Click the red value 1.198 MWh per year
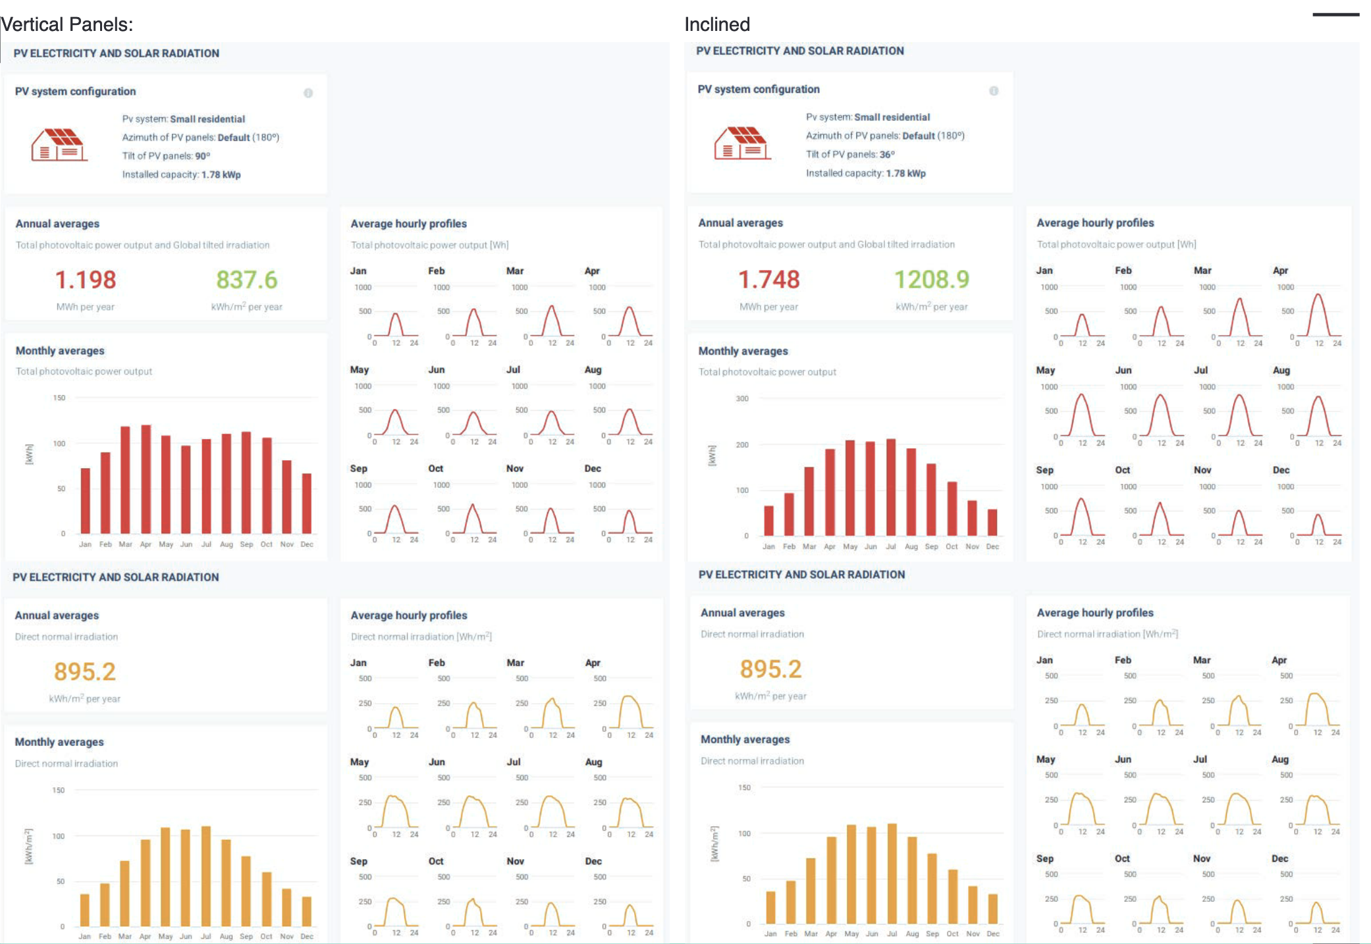pos(86,280)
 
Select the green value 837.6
pos(247,280)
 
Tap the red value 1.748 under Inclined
pos(768,279)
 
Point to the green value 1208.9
pos(932,279)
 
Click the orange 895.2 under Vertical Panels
pos(85,671)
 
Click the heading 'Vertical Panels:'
pos(67,24)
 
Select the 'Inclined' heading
pos(717,24)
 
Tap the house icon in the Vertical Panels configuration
pos(58,145)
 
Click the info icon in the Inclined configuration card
pos(994,91)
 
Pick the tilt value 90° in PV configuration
pos(202,156)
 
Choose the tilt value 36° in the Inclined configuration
pos(887,155)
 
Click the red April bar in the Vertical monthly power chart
pos(146,479)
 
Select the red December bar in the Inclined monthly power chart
pos(992,523)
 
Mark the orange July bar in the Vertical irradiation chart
pos(206,876)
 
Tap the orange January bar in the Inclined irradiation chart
pos(770,908)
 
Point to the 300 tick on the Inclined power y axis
pos(742,399)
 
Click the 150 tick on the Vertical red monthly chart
pos(59,398)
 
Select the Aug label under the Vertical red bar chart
pos(227,544)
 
